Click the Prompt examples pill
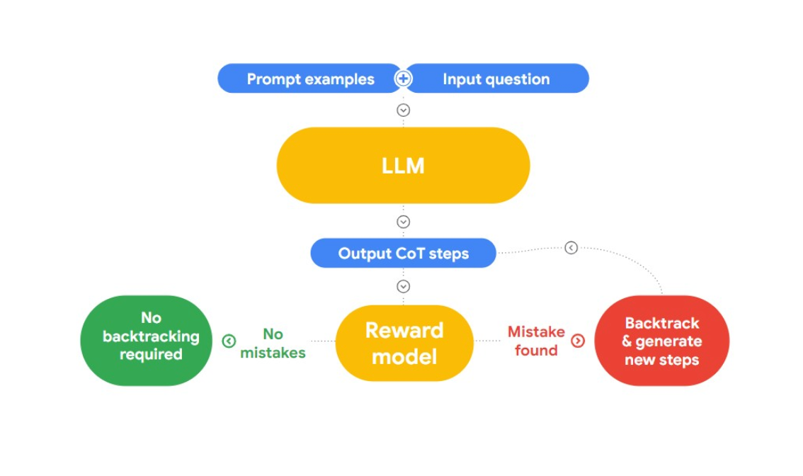point(309,79)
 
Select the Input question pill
point(496,79)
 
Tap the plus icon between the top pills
point(403,79)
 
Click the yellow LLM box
point(403,166)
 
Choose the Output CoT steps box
point(403,254)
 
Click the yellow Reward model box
point(404,343)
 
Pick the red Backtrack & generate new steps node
point(661,341)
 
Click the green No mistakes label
point(273,343)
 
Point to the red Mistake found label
point(536,341)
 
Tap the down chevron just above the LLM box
point(403,110)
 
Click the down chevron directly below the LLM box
point(403,222)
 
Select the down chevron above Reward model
point(403,286)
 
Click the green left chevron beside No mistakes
point(228,341)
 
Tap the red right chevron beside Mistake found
point(578,341)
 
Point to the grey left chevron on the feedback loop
point(571,248)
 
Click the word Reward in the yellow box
point(404,331)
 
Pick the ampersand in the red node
point(627,341)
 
